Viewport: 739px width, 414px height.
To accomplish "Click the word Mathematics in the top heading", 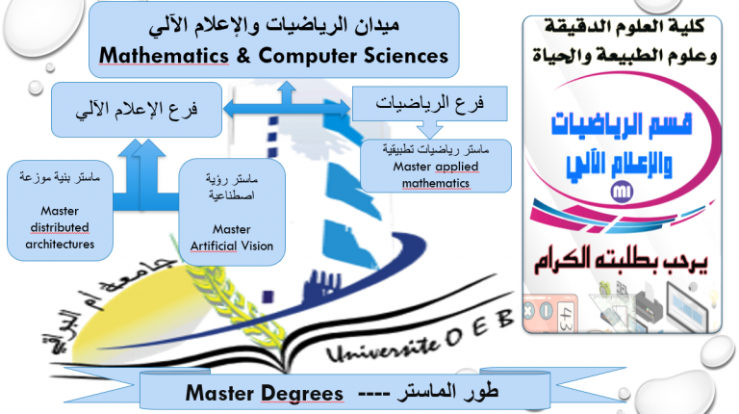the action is [x=164, y=56].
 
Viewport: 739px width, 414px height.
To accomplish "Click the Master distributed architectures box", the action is [x=60, y=210].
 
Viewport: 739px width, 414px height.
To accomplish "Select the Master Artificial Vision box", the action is [x=232, y=212].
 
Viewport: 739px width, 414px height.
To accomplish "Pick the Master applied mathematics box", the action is [x=436, y=166].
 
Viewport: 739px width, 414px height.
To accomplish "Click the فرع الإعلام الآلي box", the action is [x=137, y=110].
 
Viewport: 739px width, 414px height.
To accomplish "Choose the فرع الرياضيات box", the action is [x=430, y=103].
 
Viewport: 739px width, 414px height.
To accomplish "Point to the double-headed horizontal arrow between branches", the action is [x=287, y=109].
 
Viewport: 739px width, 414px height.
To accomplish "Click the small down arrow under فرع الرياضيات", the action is [x=430, y=129].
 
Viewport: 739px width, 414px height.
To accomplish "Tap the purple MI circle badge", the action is [x=622, y=192].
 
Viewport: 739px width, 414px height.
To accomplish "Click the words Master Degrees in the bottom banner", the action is [x=264, y=393].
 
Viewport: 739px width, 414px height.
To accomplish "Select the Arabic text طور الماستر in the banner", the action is [x=447, y=391].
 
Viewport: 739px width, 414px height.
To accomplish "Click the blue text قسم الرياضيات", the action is [x=622, y=124].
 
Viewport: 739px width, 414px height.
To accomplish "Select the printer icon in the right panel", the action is [x=649, y=305].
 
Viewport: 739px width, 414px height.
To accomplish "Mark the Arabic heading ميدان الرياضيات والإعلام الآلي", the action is [x=274, y=24].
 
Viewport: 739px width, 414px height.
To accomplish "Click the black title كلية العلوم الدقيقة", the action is [x=624, y=26].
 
